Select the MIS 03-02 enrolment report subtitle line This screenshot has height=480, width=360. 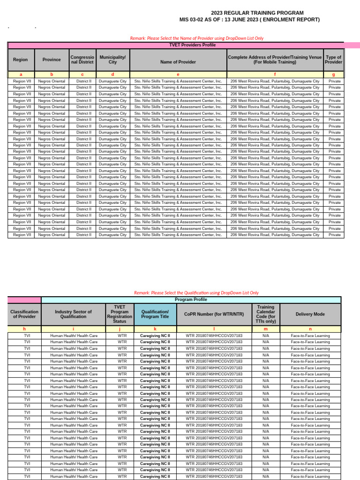point(249,20)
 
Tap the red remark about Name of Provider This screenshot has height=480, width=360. point(196,38)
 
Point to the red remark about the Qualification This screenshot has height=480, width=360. point(196,292)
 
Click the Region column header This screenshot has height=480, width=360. point(21,60)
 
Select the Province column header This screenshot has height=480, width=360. point(52,60)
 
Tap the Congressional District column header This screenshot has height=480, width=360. point(82,60)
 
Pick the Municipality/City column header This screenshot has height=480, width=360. point(112,60)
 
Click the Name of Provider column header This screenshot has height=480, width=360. point(178,62)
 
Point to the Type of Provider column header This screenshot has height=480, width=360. point(334,60)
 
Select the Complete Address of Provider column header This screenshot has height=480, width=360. point(275,60)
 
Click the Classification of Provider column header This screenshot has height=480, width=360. point(24,314)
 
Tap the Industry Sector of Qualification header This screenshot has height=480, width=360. point(74,314)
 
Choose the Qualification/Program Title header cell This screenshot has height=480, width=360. point(155,314)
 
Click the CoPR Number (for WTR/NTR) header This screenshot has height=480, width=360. point(214,314)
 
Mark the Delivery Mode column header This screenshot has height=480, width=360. point(310,314)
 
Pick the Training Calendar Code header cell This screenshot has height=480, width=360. point(266,314)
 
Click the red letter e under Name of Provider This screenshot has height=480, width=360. point(178,75)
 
